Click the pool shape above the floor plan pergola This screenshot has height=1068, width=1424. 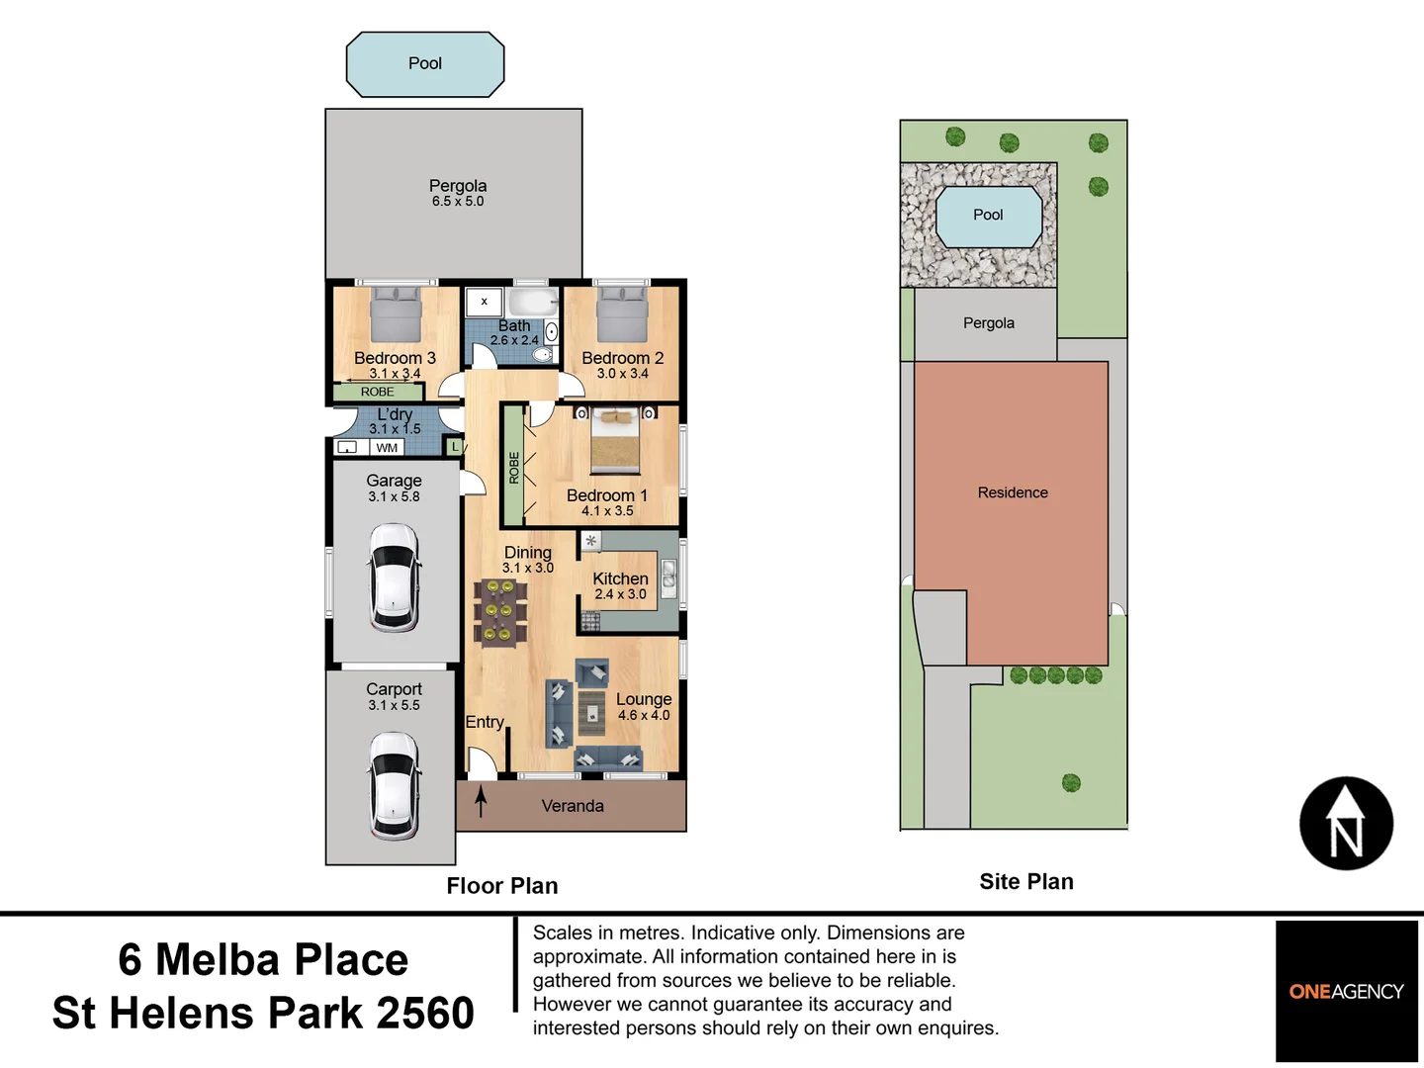coord(425,64)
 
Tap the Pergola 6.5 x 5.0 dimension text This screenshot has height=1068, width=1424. coord(458,202)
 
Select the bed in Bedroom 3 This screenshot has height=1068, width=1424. coord(396,313)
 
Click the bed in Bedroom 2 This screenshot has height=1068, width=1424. coord(622,313)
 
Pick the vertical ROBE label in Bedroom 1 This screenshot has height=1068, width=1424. coord(513,468)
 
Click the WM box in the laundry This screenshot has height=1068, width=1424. coord(387,448)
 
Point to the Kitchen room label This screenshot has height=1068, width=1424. coord(620,579)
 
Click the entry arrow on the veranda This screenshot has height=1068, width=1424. coord(482,800)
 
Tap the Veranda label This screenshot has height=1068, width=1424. coord(573,806)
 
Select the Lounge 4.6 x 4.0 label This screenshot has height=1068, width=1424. coord(644,707)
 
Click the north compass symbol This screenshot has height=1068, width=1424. coord(1346,824)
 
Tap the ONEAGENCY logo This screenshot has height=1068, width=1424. coord(1346,991)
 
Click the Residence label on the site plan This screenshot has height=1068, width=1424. coord(1013,492)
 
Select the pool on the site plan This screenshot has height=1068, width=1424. coord(988,216)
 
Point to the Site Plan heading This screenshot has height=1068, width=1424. coord(1026,882)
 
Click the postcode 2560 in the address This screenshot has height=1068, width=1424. coord(425,1014)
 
